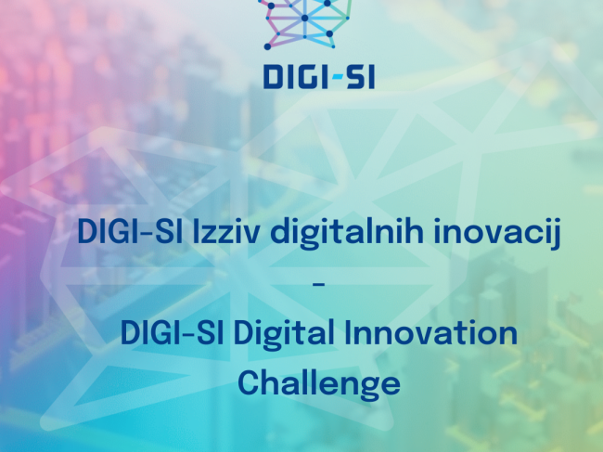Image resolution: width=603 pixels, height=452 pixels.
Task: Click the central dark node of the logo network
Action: click(305, 18)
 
